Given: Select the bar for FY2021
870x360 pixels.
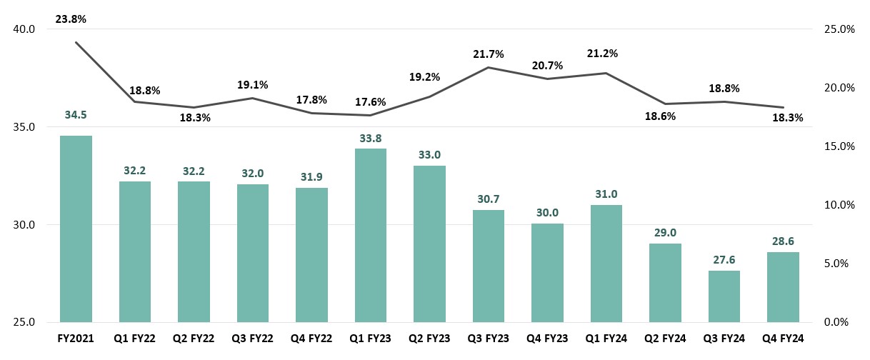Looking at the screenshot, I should coord(76,229).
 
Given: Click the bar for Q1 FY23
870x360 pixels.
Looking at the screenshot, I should coord(370,235).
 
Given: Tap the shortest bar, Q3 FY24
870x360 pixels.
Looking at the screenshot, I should coord(724,296).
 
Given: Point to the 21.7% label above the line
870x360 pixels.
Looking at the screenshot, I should coord(489,54).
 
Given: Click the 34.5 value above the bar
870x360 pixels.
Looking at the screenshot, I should coord(76,116).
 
